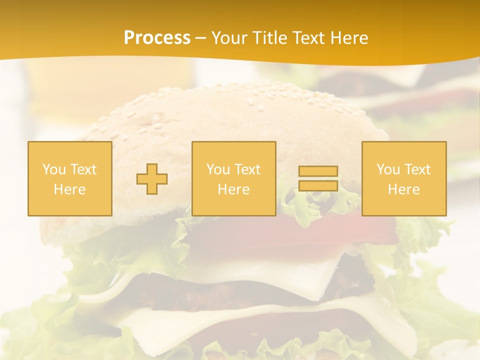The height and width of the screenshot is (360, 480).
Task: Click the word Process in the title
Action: pos(157,38)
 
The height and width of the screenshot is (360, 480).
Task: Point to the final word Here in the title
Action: pos(348,38)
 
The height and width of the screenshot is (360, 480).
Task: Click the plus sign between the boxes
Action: pos(152,179)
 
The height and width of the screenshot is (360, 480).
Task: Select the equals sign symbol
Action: pos(318,178)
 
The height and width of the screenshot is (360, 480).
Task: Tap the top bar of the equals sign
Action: pos(318,171)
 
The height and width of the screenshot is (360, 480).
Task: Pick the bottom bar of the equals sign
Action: pos(318,185)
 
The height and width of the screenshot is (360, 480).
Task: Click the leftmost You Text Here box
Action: pos(70,178)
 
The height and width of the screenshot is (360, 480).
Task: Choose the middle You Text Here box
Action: pos(233,178)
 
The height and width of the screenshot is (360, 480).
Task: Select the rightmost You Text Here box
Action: pos(403,178)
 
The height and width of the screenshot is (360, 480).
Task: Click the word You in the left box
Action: pos(54,169)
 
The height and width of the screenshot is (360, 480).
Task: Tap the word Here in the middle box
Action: pos(233,189)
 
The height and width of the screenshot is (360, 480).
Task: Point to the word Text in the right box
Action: pos(417,169)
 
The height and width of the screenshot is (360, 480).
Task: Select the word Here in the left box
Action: pos(70,189)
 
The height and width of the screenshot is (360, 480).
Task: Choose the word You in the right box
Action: pos(388,169)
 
